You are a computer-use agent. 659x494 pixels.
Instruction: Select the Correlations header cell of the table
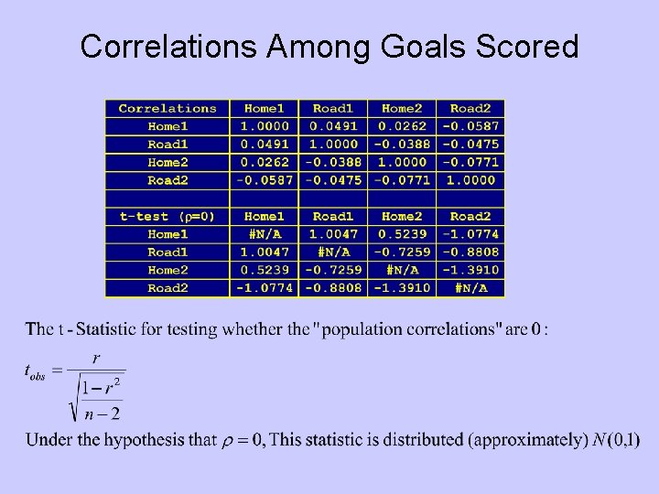[167, 109]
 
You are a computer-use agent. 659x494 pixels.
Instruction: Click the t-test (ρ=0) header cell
[167, 217]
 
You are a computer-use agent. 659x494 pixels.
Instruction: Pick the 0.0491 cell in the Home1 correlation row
[333, 126]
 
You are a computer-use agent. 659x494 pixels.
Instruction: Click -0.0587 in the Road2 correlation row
[265, 180]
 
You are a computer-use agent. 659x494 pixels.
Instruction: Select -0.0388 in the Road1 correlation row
[402, 145]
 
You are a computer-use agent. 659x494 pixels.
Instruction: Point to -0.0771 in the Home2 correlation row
[470, 162]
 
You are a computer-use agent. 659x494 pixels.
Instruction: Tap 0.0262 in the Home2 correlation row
[265, 162]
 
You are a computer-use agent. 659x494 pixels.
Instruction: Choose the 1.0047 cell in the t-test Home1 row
[333, 234]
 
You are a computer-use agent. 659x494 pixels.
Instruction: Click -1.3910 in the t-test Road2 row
[402, 288]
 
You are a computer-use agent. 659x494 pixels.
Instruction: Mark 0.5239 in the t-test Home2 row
[265, 270]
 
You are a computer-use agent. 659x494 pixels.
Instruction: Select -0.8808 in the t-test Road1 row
[470, 252]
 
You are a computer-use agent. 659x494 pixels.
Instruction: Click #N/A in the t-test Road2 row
[470, 288]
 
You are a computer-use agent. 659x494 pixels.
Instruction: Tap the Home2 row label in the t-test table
[167, 270]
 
